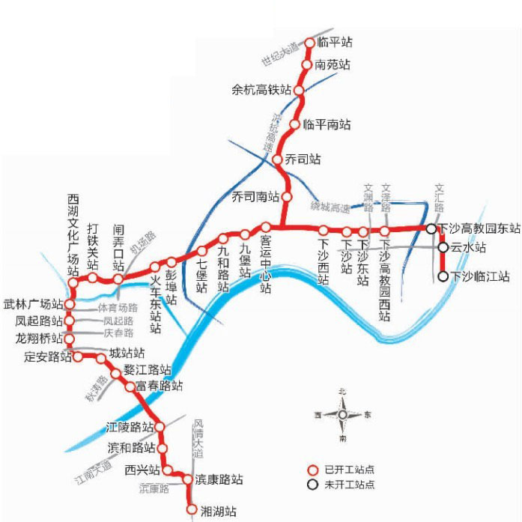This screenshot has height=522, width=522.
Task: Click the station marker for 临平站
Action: point(310,43)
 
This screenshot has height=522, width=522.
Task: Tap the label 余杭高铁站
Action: point(261,91)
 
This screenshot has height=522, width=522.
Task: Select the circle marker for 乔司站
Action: point(279,160)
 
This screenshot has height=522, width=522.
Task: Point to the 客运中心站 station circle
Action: point(265,227)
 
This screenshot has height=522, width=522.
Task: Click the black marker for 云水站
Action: point(443,246)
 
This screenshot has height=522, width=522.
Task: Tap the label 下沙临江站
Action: point(480,276)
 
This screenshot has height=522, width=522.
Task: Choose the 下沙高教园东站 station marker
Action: point(432,228)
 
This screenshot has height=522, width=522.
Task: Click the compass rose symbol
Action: point(342,415)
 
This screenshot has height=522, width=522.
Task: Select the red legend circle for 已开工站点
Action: point(315,470)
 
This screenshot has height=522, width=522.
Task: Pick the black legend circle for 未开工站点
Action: point(315,485)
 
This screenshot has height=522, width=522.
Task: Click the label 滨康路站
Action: point(219,479)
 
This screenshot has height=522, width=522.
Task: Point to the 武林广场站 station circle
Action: point(70,305)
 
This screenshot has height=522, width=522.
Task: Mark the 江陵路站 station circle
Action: point(159,427)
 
